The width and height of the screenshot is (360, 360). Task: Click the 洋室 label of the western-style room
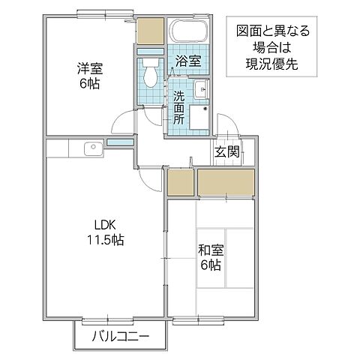pyautogui.click(x=89, y=68)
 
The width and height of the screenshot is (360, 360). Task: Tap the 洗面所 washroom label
pyautogui.click(x=180, y=107)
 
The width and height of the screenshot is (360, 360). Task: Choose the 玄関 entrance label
pyautogui.click(x=227, y=151)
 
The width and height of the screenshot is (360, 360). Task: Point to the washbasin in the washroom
pyautogui.click(x=201, y=91)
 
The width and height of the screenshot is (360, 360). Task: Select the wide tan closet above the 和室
pyautogui.click(x=226, y=182)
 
